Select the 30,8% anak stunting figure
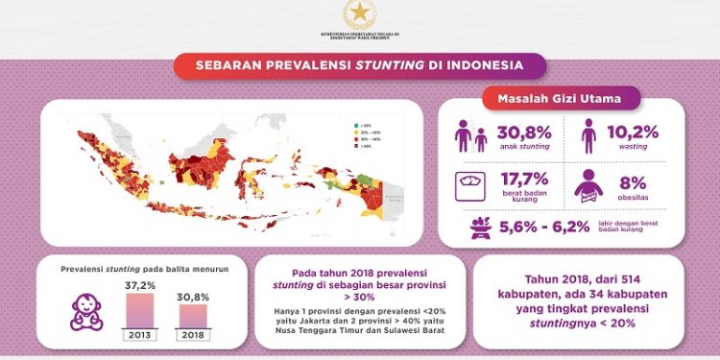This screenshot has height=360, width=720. click(x=523, y=133)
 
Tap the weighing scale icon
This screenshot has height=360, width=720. click(x=471, y=183)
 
